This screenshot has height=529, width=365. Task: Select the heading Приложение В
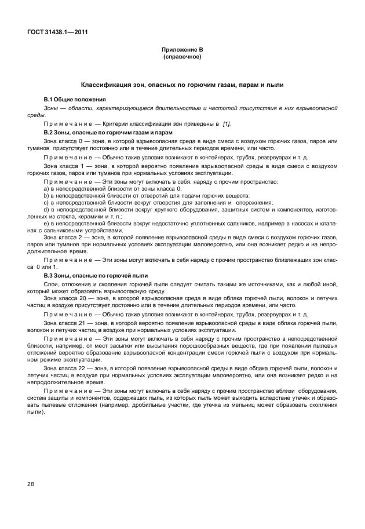point(182,50)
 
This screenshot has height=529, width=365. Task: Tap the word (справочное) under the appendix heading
point(182,57)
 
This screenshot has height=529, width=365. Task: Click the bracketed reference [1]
point(227,124)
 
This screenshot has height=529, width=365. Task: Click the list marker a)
point(46,189)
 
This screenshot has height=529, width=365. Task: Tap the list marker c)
point(46,203)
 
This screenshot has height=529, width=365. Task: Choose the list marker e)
point(46,223)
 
